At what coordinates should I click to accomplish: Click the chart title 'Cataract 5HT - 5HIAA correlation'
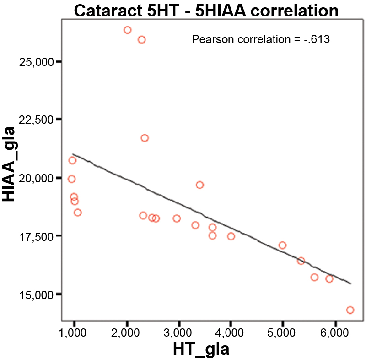coord(206,10)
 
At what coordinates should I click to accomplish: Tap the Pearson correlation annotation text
coord(261,39)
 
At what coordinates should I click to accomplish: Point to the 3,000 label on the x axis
coord(179,332)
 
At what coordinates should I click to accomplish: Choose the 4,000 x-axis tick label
coord(231,332)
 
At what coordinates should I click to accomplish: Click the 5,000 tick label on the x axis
coord(283,332)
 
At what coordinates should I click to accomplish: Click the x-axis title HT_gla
coord(201,349)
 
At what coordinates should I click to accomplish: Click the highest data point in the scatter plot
coord(128,30)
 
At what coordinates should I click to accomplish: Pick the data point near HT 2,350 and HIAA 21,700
coord(145,138)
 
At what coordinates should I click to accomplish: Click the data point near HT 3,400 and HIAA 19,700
coord(199,185)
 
